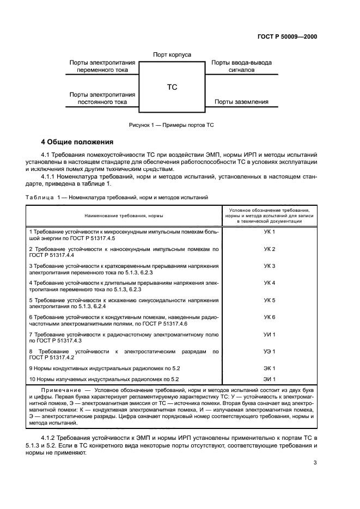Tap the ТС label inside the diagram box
point(172,87)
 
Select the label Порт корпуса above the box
point(172,55)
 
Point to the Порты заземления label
point(241,101)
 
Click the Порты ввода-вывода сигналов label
point(241,66)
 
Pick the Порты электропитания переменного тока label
point(102,66)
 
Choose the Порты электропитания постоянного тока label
point(102,98)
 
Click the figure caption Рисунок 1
point(172,125)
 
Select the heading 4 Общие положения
point(77,142)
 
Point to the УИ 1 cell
point(270,334)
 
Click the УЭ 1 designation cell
point(270,351)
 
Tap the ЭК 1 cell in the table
point(270,368)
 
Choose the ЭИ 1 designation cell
point(270,379)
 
